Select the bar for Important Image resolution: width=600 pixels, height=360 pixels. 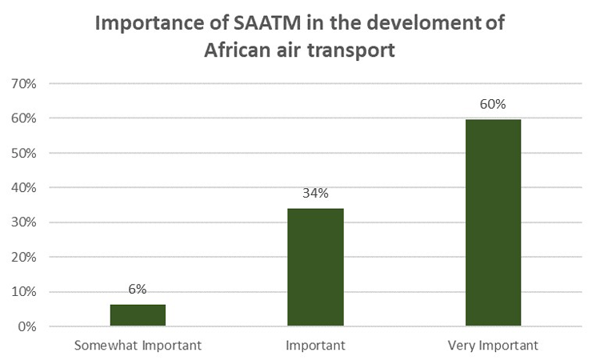point(315,267)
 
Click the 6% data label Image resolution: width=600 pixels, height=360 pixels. point(138,290)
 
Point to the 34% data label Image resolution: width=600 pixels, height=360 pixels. point(315,193)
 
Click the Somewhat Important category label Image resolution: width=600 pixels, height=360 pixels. point(138,346)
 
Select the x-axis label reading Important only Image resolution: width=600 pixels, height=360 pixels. point(315,346)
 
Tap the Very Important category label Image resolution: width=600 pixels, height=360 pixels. point(494,346)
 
